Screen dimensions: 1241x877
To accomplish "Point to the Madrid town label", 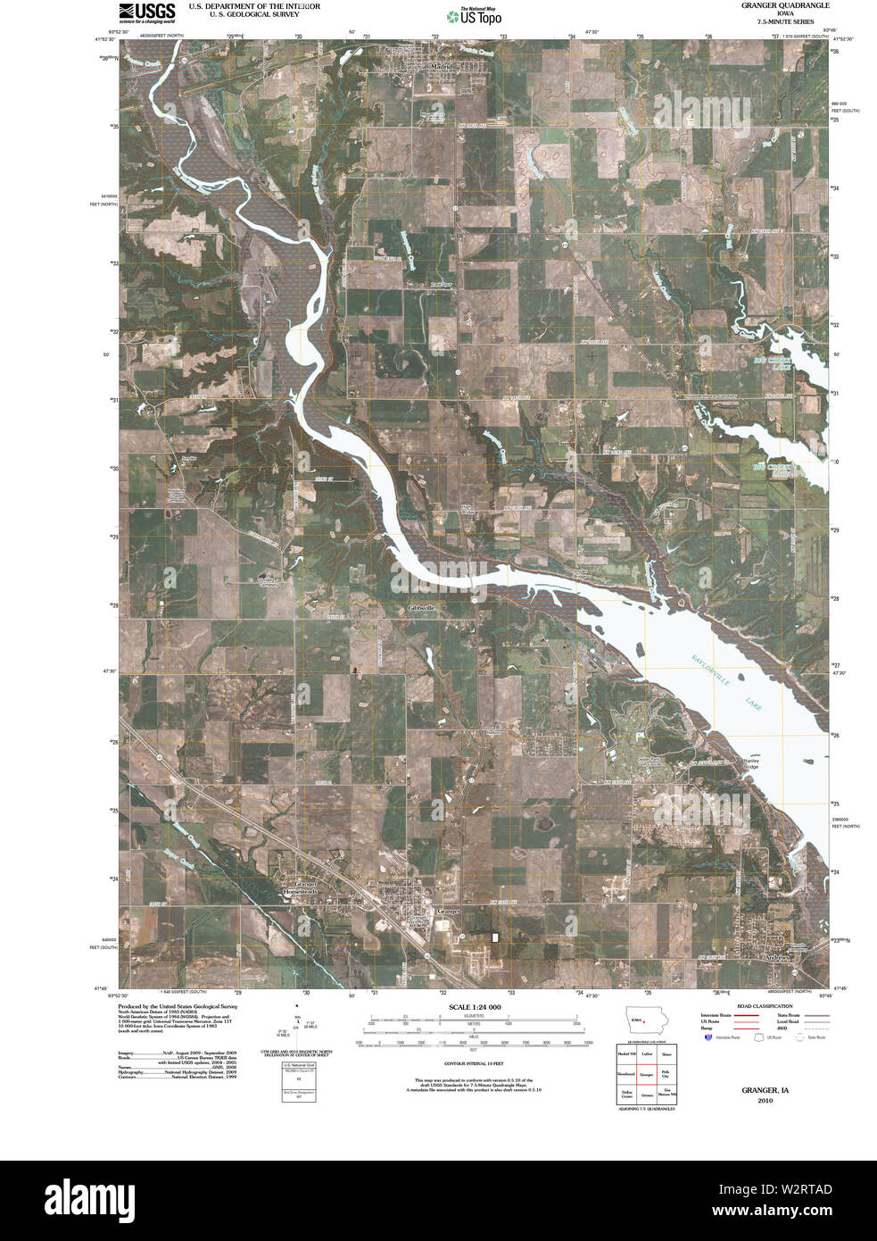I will click(x=441, y=66).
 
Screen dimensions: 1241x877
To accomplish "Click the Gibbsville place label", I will click(x=422, y=606).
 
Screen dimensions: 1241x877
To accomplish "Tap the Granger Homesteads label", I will click(x=300, y=887).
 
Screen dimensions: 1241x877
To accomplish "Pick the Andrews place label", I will click(x=778, y=957).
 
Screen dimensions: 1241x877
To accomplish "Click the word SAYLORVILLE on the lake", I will click(x=710, y=670).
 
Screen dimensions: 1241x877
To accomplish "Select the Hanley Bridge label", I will click(x=751, y=763).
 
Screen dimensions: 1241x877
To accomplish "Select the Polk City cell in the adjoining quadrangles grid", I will click(x=666, y=1074).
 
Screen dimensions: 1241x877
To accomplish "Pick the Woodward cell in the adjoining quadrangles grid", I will click(x=626, y=1074).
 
